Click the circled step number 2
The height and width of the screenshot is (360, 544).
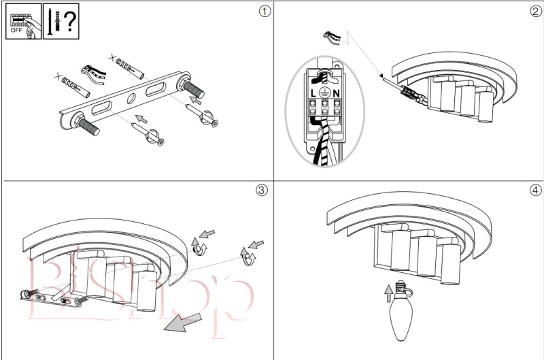click(x=534, y=11)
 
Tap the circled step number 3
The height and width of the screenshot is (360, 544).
click(x=262, y=190)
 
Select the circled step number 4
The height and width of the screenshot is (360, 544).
click(x=534, y=190)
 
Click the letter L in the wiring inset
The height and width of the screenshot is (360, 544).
click(x=311, y=92)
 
